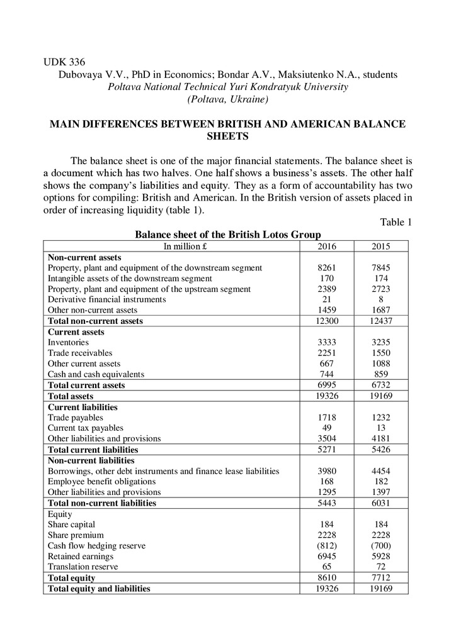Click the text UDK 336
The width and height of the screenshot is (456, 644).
[64, 62]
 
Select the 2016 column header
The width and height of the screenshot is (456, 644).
[327, 247]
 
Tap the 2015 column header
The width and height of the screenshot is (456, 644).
[381, 247]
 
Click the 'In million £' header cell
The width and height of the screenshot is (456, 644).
[172, 247]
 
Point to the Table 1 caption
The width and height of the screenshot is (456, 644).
[396, 222]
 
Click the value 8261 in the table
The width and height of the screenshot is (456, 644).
[327, 268]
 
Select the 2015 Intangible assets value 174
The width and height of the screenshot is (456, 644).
[381, 279]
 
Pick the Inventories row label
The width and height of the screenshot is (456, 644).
[68, 343]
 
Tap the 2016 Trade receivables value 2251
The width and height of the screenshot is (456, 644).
[327, 353]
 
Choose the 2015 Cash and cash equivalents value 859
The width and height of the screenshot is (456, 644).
[381, 375]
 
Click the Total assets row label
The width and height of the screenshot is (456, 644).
[71, 397]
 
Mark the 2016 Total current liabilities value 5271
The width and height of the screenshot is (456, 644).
[327, 450]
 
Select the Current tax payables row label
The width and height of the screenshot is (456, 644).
[86, 428]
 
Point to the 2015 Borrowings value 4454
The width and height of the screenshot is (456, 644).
[381, 471]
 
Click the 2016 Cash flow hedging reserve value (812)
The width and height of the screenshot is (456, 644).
[327, 546]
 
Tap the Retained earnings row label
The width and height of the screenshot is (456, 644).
[81, 557]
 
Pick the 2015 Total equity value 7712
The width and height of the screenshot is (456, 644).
[381, 578]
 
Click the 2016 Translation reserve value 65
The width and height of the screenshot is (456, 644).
[327, 567]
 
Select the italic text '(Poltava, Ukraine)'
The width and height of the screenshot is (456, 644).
[227, 99]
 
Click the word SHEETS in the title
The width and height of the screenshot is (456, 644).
[227, 136]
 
